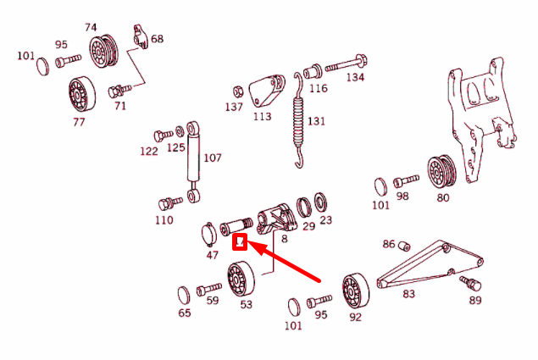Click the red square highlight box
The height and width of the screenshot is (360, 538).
click(240, 244)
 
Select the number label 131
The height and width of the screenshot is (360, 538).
click(316, 121)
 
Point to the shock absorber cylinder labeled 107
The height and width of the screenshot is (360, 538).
click(194, 157)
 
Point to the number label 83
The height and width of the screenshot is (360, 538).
click(408, 294)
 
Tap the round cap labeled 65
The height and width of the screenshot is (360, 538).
click(184, 295)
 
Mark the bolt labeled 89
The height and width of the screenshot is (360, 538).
click(469, 281)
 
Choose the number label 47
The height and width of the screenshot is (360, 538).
click(212, 254)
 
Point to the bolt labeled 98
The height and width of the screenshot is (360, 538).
click(407, 181)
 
